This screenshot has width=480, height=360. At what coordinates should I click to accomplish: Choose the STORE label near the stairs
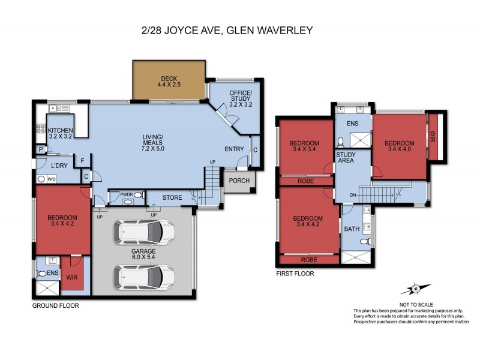(x=172, y=197)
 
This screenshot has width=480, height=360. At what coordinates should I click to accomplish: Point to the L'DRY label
(x=59, y=165)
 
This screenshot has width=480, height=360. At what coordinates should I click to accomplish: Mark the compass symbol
(x=414, y=289)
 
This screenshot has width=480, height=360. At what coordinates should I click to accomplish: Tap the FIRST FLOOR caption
(x=295, y=274)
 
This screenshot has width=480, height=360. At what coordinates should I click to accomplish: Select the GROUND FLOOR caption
(x=55, y=305)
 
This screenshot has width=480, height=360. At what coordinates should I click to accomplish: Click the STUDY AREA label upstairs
(x=346, y=158)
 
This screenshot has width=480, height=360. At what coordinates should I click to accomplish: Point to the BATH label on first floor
(x=350, y=229)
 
